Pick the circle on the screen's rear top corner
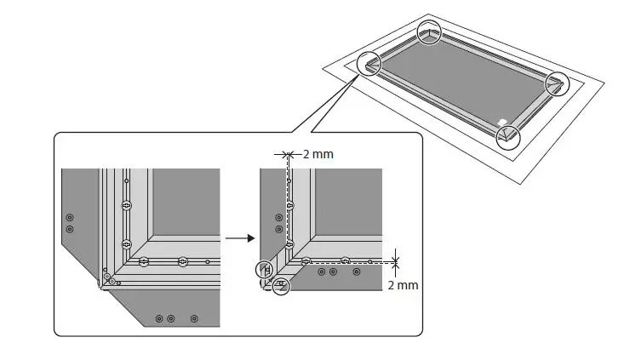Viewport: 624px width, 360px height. pos(429,31)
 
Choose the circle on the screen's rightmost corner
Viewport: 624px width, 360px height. pos(557,82)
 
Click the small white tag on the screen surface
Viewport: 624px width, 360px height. pos(502,120)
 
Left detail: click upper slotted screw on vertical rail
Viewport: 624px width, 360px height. pos(126,205)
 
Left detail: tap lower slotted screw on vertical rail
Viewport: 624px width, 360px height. pos(126,245)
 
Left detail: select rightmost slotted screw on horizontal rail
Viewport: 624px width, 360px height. pos(182,261)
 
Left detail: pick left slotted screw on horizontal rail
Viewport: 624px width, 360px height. pos(143,261)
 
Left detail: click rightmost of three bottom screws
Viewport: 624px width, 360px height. pos(194,317)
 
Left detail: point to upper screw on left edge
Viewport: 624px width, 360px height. pos(70,218)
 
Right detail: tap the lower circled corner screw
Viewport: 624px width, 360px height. pos(280,287)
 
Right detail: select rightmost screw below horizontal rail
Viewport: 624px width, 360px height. pos(357,272)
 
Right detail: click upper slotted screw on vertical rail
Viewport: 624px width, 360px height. pos(289,205)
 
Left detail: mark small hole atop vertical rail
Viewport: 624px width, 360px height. pos(126,180)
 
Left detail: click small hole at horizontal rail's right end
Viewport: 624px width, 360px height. pos(207,261)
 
